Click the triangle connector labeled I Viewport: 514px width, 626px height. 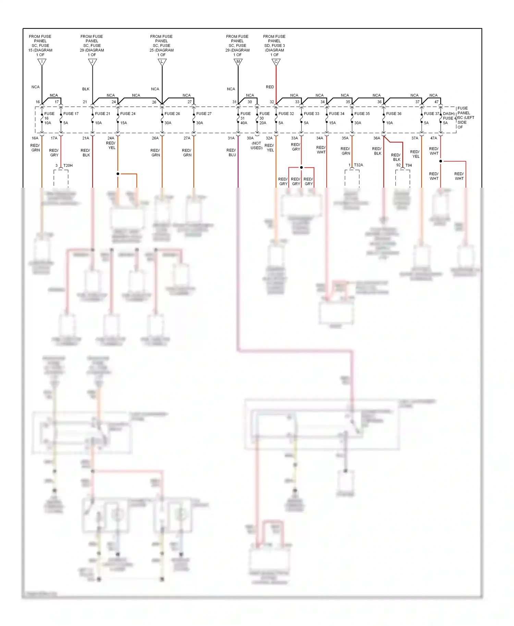(42, 62)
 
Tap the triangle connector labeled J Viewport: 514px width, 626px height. (93, 62)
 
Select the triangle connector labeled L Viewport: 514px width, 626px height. (162, 62)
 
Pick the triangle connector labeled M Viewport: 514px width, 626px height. (238, 62)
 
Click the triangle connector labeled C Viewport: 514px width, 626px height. (276, 62)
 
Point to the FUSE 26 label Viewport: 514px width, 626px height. (172, 114)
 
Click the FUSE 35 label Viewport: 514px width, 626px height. (362, 114)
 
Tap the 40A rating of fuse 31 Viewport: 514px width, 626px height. (244, 123)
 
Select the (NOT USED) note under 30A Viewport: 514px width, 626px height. (256, 146)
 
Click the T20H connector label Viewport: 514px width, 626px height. (68, 166)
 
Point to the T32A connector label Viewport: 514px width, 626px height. (358, 165)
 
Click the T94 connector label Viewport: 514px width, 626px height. (408, 165)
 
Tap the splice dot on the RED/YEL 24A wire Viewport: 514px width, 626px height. (118, 174)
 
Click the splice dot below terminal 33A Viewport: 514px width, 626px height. (301, 167)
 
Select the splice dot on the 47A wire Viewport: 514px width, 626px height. (441, 161)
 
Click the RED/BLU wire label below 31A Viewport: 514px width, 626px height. (232, 153)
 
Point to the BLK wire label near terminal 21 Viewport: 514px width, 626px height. (86, 89)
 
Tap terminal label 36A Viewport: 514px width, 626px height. (377, 138)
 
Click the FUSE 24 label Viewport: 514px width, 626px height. (128, 114)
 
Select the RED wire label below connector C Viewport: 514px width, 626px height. (270, 87)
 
